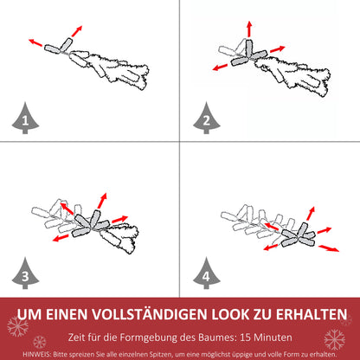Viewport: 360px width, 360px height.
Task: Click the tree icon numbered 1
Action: coord(24,119)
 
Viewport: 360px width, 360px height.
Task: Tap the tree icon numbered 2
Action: coord(205,119)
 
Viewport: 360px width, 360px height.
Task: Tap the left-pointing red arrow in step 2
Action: coord(218,67)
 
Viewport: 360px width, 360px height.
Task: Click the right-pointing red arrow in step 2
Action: coord(277,48)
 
